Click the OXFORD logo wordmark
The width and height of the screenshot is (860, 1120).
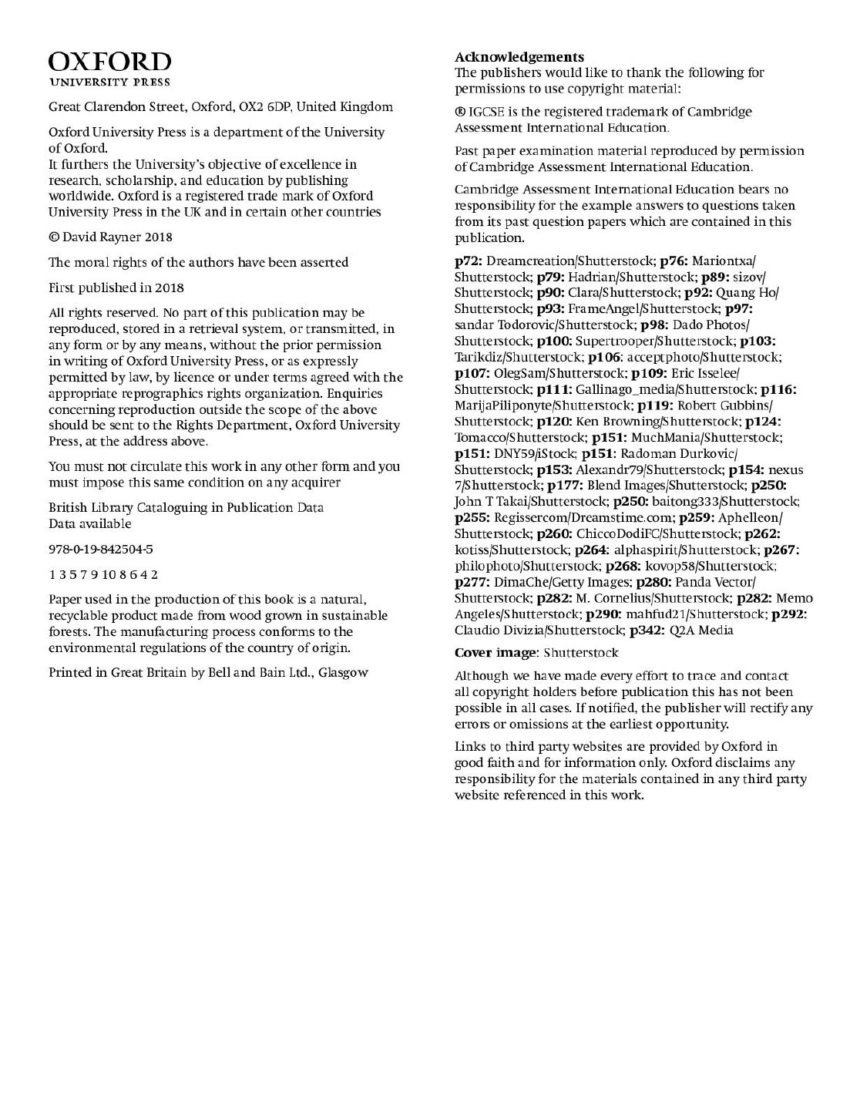pyautogui.click(x=110, y=62)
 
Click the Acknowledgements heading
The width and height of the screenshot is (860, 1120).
pyautogui.click(x=519, y=57)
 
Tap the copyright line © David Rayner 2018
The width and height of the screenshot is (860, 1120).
pyautogui.click(x=111, y=237)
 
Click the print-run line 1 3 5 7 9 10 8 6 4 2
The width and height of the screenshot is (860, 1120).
pyautogui.click(x=103, y=575)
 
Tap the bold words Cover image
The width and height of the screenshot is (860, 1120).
pyautogui.click(x=496, y=654)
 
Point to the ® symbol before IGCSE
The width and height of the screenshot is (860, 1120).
pyautogui.click(x=460, y=113)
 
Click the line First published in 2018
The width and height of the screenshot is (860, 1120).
pyautogui.click(x=116, y=288)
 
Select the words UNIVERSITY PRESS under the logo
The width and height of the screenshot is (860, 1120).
pyautogui.click(x=110, y=82)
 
